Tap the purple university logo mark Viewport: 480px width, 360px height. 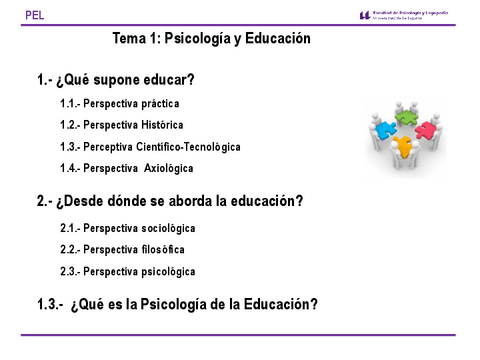tap(364, 15)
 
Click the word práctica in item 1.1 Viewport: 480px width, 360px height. tap(161, 104)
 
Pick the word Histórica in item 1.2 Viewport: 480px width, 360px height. tap(161, 125)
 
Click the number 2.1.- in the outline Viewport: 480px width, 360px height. tap(69, 228)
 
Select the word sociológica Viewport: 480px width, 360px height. tap(162, 228)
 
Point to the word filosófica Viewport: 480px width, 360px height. tap(155, 249)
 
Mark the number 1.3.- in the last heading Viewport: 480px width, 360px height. tap(50, 305)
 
